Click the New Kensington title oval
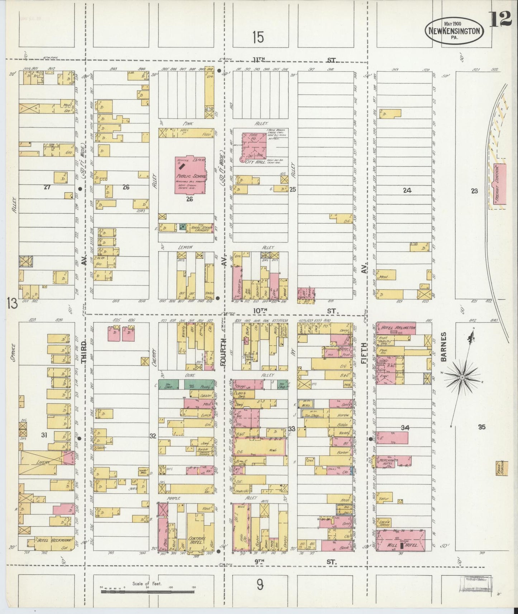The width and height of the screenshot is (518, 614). point(454,31)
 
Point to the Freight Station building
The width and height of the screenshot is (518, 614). point(500,184)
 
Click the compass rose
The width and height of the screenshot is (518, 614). point(463,377)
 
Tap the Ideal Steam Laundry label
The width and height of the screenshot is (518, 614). point(200,228)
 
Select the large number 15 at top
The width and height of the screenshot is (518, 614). point(258,37)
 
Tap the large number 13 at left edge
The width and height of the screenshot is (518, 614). point(11,304)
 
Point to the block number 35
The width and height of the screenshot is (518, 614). point(481,427)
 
